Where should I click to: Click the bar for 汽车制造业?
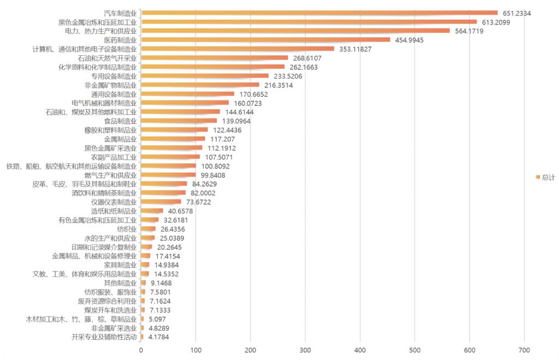tap(319, 13)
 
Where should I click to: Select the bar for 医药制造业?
tap(265, 40)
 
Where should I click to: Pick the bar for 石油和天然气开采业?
tap(214, 58)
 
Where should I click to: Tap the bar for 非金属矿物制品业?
tap(200, 85)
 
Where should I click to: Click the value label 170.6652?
tap(254, 94)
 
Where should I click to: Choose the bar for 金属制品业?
tap(173, 139)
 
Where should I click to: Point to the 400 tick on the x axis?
tap(360, 350)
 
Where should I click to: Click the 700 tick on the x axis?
tap(525, 350)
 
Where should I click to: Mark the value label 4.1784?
tap(159, 337)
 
